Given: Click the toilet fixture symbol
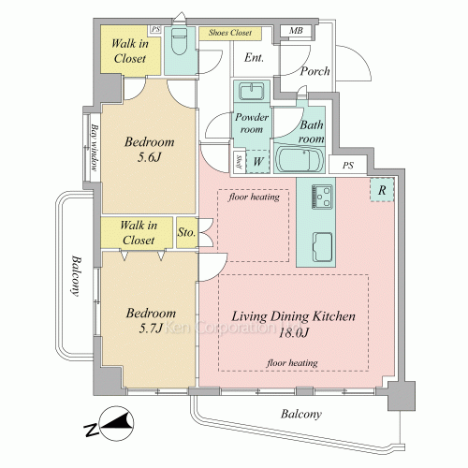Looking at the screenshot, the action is (x=180, y=41).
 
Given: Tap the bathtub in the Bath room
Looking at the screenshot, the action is (x=300, y=160).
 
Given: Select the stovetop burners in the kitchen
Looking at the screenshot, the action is (x=322, y=197).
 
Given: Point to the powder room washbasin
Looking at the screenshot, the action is (x=252, y=91).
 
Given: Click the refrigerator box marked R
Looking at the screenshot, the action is (x=382, y=190).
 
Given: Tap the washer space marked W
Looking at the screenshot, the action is (x=258, y=162).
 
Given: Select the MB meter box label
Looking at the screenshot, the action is (x=296, y=31).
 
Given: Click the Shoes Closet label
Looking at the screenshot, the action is (x=230, y=33).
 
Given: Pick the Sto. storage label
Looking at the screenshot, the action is (x=186, y=232).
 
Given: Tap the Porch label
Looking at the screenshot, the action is (x=314, y=71).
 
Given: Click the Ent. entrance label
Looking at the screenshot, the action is (x=254, y=57).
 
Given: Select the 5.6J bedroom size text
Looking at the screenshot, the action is (x=149, y=157).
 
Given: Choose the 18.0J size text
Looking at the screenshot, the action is (x=293, y=333).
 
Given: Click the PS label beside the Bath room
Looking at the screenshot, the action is (x=348, y=165).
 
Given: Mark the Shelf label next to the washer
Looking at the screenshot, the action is (x=240, y=162).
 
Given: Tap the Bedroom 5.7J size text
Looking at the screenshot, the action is (x=151, y=328).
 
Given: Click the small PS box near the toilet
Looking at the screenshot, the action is (x=155, y=30).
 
